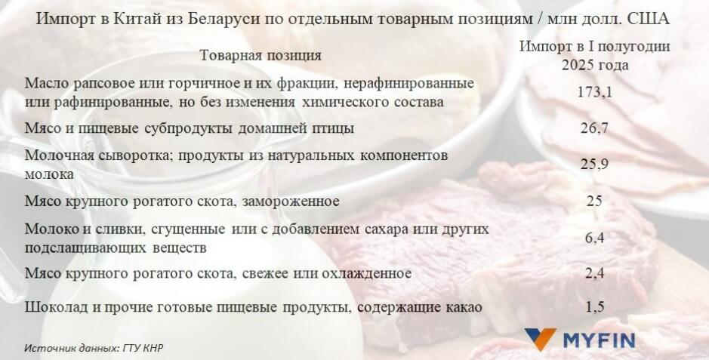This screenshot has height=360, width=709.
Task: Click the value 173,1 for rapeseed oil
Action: pos(594,93)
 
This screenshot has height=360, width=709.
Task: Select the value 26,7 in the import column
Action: pos(594,128)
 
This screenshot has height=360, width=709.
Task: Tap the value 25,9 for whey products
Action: pos(594,164)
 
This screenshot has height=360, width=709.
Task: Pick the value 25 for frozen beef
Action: pos(594,201)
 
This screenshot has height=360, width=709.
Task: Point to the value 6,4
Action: pos(594,238)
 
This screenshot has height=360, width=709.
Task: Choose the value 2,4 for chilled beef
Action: pos(594,272)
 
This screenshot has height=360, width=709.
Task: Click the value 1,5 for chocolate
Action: pos(594,307)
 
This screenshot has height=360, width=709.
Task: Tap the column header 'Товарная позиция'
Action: pos(260,56)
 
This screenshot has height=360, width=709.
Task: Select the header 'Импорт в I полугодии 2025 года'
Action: pos(594,56)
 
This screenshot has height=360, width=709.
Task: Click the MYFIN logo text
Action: pos(600,340)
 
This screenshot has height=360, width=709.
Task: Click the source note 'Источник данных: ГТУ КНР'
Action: pos(94,348)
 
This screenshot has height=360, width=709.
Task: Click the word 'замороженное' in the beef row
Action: pos(290,201)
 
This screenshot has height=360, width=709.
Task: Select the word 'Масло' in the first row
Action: pos(45,84)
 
